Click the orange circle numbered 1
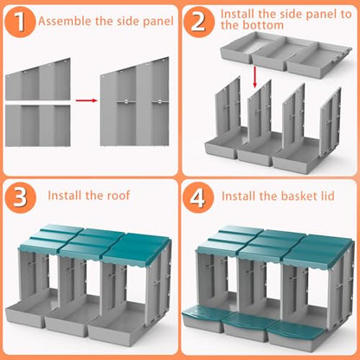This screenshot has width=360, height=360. click(20, 22)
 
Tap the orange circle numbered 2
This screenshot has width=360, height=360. click(199, 22)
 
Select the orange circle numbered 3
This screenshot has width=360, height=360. click(20, 197)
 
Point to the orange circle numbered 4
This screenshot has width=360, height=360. click(198, 197)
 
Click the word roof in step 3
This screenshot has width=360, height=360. click(119, 196)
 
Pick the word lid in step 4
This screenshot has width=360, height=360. click(327, 196)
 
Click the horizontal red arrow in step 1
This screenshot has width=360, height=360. click(86, 100)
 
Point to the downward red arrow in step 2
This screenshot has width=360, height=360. click(254, 76)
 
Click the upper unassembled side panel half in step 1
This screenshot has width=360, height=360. click(38, 79)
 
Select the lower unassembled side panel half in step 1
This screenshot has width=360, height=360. click(38, 125)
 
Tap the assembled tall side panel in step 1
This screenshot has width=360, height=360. click(135, 101)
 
